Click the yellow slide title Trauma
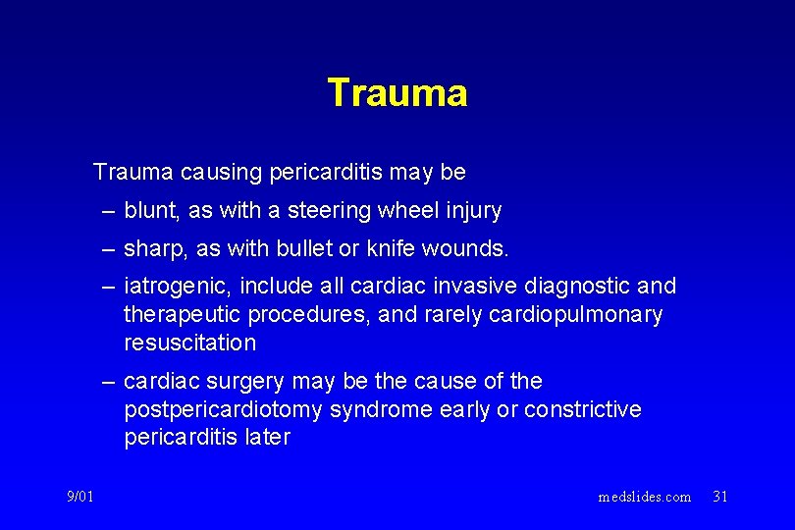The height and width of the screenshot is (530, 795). pos(397,93)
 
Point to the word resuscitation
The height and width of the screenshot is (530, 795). pos(189,343)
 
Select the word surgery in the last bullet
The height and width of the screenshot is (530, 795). pos(247,381)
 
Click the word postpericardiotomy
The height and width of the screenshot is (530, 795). pos(224,409)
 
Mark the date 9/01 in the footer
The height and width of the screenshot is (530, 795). pos(79,497)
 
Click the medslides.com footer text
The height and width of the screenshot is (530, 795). pos(644,497)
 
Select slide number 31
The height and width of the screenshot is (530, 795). pos(719,497)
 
